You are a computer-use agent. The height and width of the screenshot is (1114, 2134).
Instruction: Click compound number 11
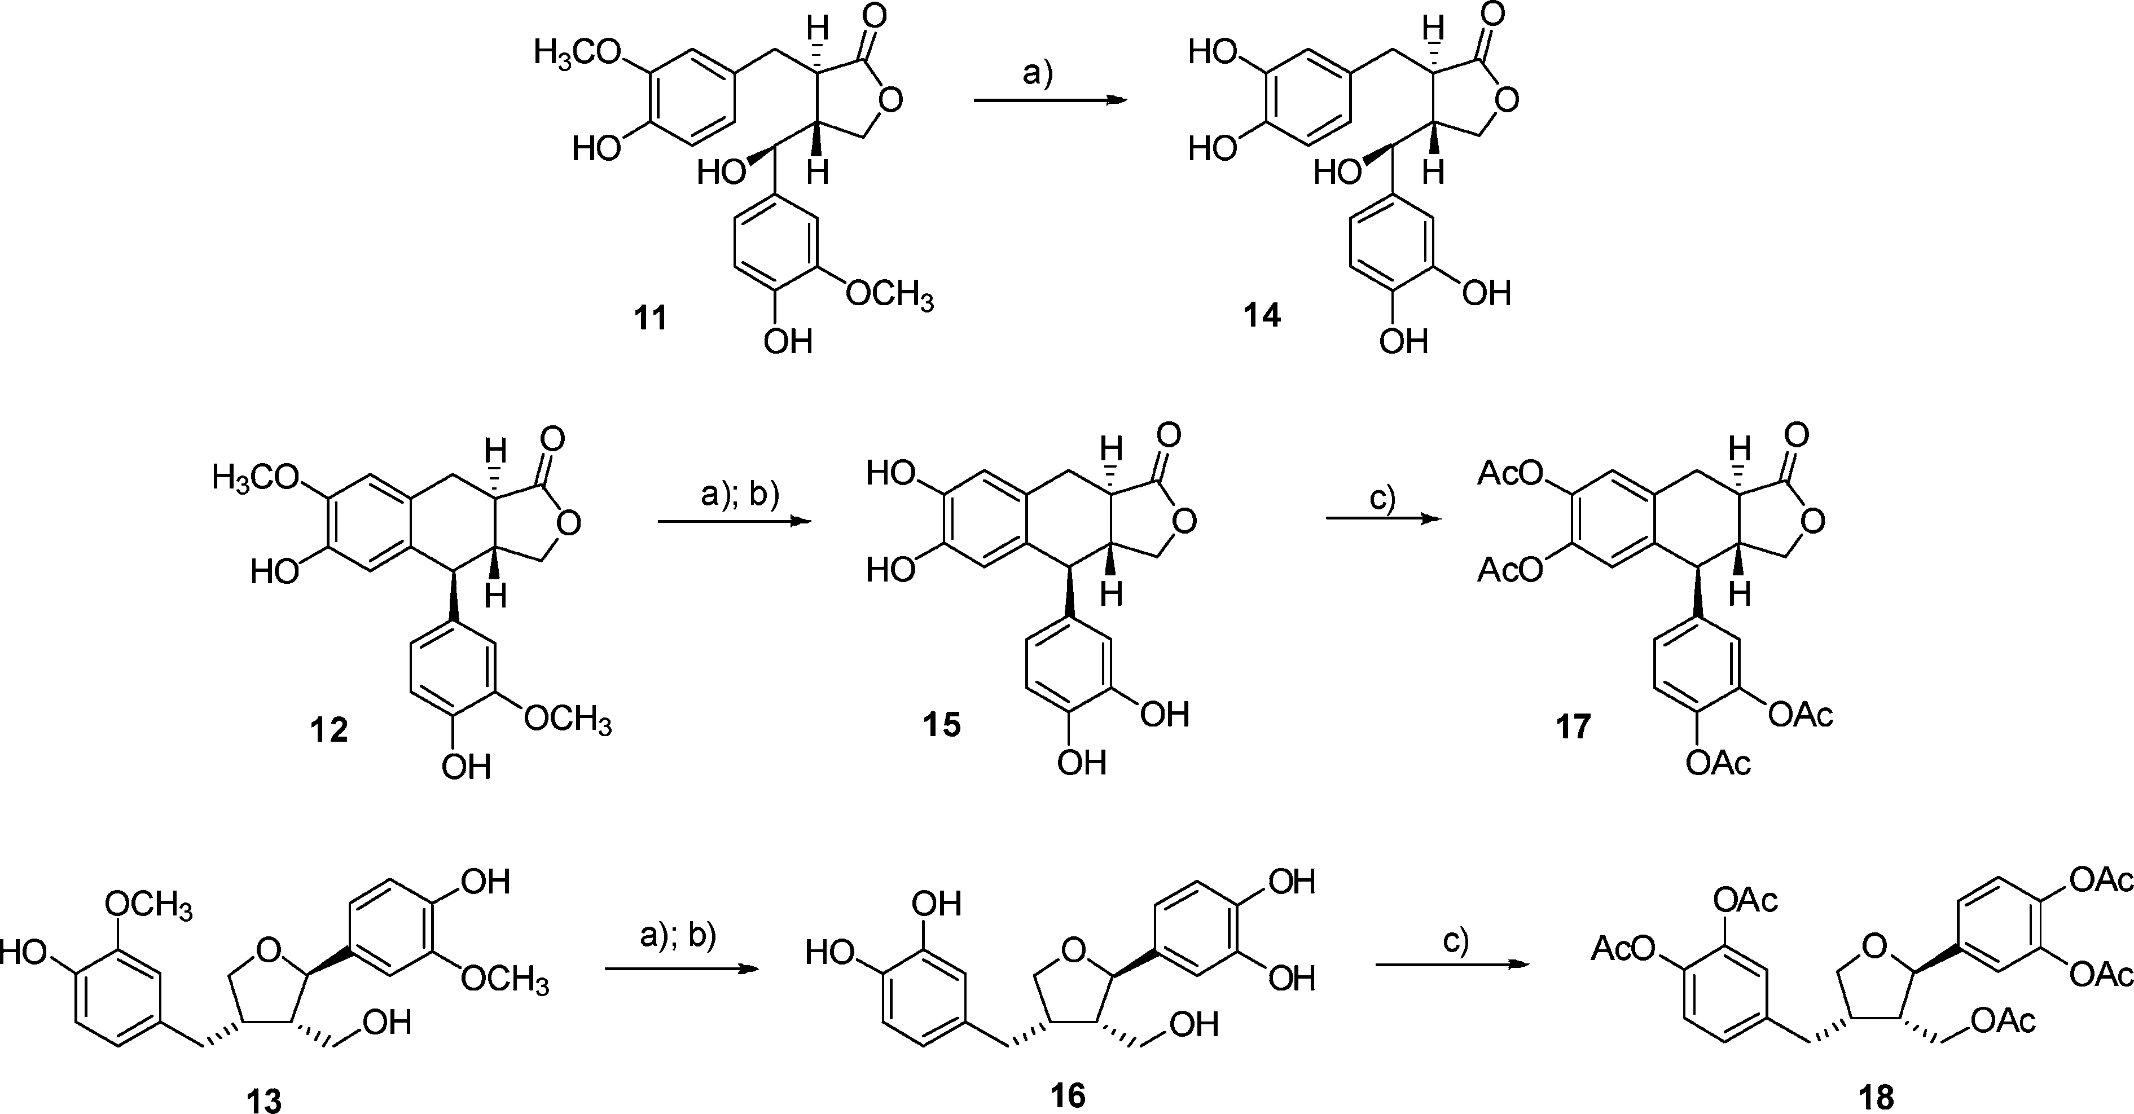coord(651,317)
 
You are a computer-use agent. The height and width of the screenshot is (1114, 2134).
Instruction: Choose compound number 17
coord(1573,726)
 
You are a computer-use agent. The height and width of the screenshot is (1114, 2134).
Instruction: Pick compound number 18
coord(1876,1098)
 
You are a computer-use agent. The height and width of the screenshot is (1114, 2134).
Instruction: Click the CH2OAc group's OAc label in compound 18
coord(2003,1021)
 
